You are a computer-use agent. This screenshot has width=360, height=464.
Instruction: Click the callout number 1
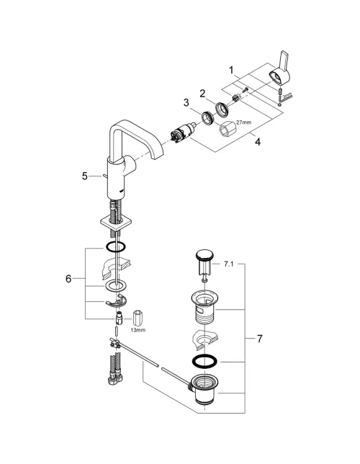pyautogui.click(x=231, y=71)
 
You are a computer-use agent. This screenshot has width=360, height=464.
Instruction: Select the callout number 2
pyautogui.click(x=202, y=94)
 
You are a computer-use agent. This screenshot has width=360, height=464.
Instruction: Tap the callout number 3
pyautogui.click(x=186, y=103)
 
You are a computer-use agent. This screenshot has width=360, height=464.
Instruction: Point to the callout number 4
pyautogui.click(x=258, y=142)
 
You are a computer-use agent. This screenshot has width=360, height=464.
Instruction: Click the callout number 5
pyautogui.click(x=85, y=177)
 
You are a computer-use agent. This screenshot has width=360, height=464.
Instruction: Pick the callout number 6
pyautogui.click(x=68, y=278)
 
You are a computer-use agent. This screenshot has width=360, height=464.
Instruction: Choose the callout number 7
pyautogui.click(x=259, y=339)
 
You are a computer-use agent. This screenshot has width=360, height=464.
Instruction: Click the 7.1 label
pyautogui.click(x=228, y=264)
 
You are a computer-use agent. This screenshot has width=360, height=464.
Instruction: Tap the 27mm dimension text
pyautogui.click(x=244, y=122)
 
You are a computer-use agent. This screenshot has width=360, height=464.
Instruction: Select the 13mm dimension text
pyautogui.click(x=138, y=330)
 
